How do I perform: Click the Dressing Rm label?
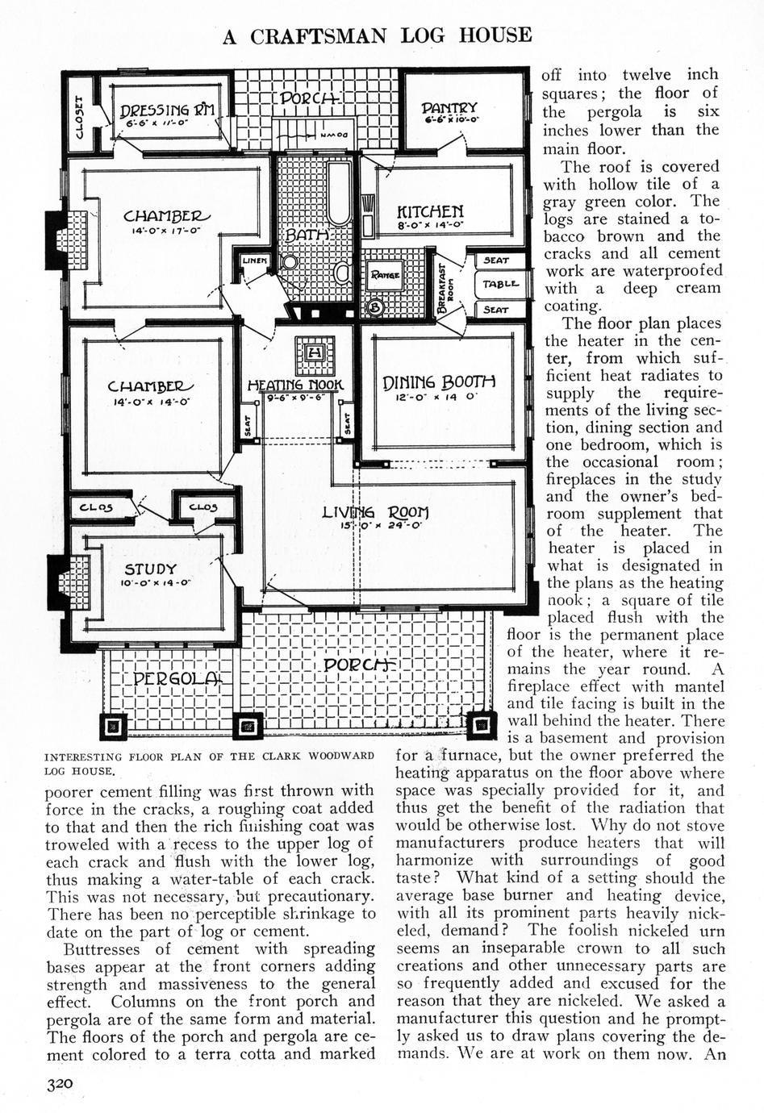click(167, 111)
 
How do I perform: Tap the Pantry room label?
click(449, 109)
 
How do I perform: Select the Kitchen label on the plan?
click(430, 211)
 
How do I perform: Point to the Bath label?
click(309, 235)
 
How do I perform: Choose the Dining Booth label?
click(438, 381)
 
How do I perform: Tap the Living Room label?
click(375, 512)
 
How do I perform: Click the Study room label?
click(150, 569)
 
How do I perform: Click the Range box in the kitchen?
click(386, 276)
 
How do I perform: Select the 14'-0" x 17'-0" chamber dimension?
click(165, 231)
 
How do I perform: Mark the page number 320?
click(60, 1085)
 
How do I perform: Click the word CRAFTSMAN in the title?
click(319, 36)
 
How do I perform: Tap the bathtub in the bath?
click(339, 194)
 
